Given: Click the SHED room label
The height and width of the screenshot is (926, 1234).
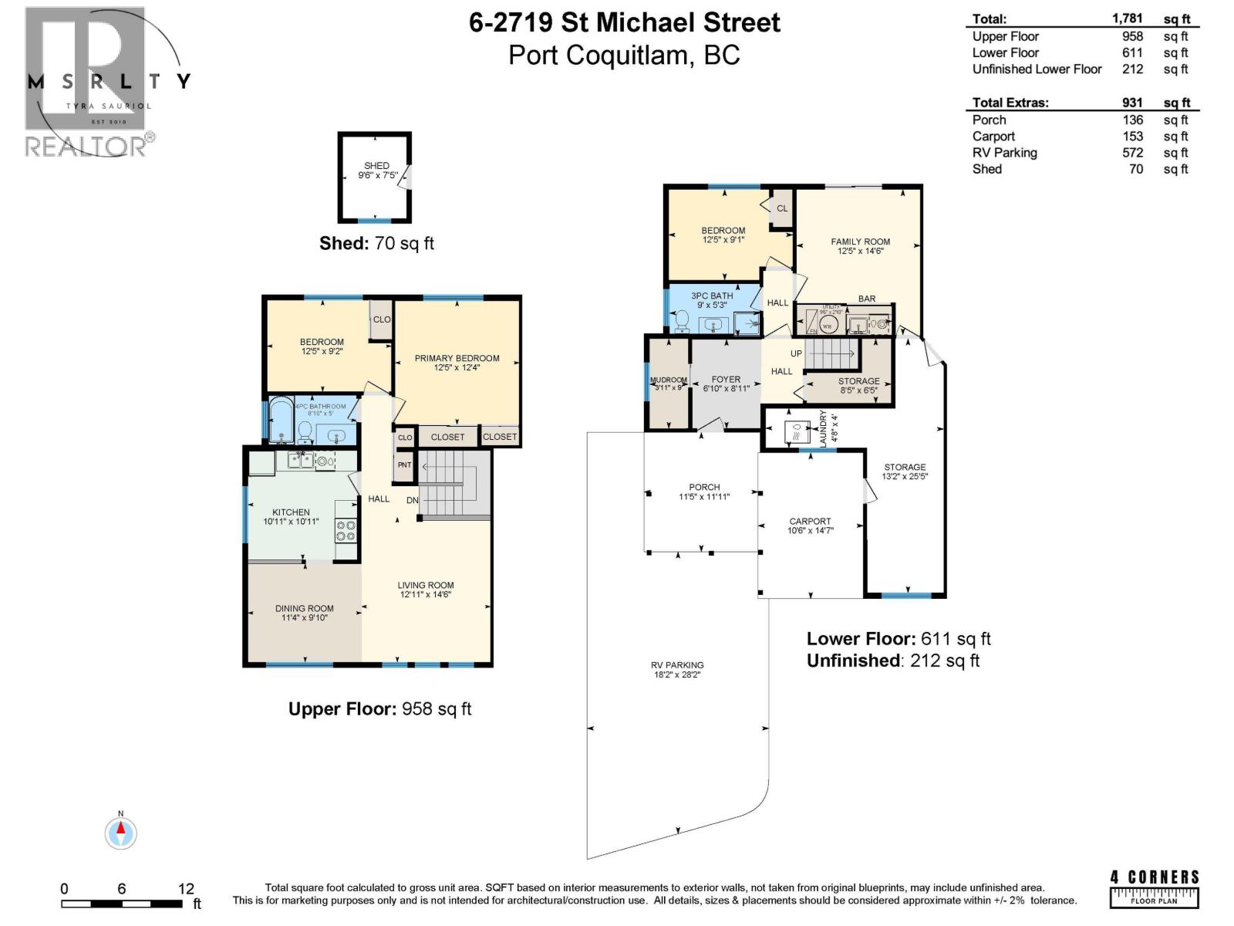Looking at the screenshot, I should (x=376, y=166).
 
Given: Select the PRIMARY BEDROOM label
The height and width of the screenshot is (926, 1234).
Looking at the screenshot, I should (x=457, y=358).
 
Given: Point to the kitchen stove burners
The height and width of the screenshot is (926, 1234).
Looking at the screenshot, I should (x=346, y=530).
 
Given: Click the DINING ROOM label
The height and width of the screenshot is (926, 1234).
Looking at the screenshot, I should (x=304, y=608).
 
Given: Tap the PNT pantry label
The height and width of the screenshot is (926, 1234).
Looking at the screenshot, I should (x=404, y=465).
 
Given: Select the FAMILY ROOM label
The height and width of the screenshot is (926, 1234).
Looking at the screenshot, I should (x=860, y=242).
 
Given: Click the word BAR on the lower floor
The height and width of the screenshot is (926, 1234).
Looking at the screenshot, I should (x=866, y=299).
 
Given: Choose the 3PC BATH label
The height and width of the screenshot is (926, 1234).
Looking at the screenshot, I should (x=711, y=296).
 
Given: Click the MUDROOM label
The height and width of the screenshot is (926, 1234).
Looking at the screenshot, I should (x=668, y=380).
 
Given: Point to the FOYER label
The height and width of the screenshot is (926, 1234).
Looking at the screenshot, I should (x=725, y=380).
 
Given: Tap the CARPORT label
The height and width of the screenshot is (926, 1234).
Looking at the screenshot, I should (x=810, y=522).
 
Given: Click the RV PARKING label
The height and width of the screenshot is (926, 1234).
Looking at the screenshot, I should (x=676, y=665).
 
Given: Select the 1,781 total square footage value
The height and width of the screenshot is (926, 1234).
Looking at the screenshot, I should (x=1127, y=19).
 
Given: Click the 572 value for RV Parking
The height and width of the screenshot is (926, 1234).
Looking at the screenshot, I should (x=1132, y=153).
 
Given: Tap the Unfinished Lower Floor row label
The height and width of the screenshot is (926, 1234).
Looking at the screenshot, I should (x=1036, y=69).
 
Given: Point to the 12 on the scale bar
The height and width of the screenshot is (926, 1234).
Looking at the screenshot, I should (x=185, y=889).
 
